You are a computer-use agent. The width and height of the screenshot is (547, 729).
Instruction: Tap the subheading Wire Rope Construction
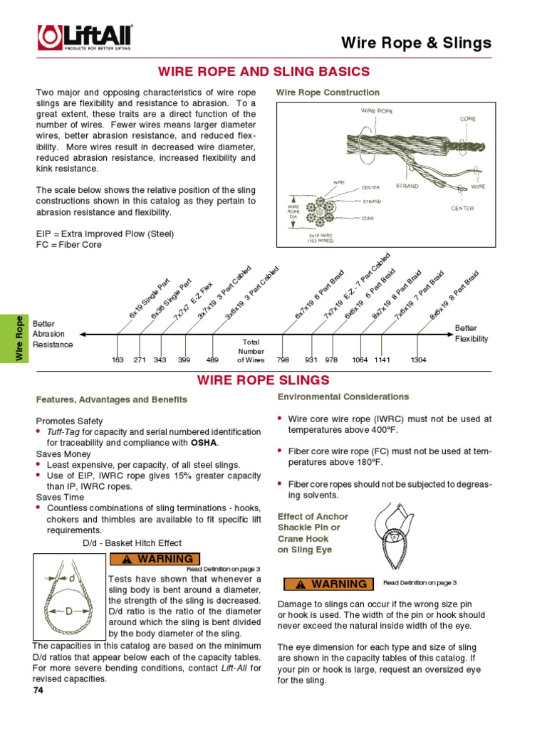tap(328, 93)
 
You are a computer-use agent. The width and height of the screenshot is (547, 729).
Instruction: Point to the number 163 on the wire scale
tap(118, 360)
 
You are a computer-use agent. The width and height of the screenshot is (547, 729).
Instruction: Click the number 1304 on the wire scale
tap(418, 360)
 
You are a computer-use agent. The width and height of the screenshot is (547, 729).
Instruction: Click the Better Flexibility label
tap(472, 333)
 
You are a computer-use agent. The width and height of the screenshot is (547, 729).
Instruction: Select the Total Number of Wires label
tap(250, 351)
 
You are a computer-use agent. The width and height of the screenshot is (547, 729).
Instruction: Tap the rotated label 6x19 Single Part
tap(149, 298)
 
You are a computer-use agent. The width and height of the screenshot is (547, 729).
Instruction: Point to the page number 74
tap(38, 691)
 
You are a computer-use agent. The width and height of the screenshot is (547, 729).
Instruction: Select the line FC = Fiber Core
tap(69, 244)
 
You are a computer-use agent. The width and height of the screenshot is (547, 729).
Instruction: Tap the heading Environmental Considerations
tap(343, 397)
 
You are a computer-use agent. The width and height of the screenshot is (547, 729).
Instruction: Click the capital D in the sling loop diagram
tap(68, 612)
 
